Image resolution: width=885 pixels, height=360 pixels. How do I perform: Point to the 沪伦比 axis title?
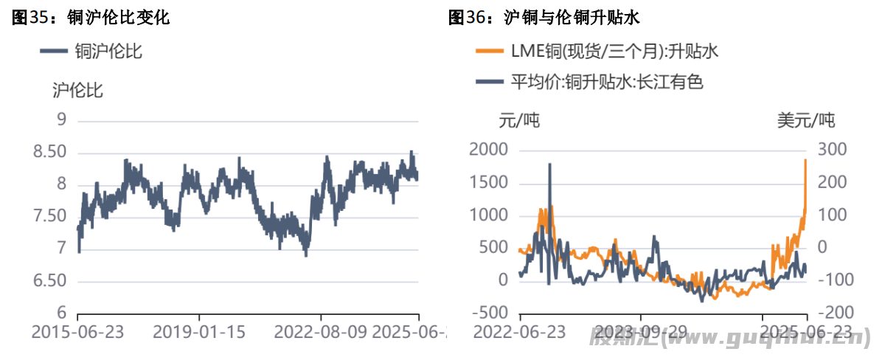pyautogui.click(x=77, y=91)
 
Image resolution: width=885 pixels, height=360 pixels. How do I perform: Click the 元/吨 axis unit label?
pyautogui.click(x=519, y=120)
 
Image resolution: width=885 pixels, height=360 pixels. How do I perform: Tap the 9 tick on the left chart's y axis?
pyautogui.click(x=62, y=120)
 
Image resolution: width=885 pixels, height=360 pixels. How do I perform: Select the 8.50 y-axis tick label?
pyautogui.click(x=50, y=152)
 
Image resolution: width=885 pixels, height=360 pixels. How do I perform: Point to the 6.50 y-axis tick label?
pyautogui.click(x=50, y=281)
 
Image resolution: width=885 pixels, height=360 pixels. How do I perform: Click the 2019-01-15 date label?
pyautogui.click(x=199, y=332)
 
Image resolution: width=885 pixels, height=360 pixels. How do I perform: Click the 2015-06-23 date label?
pyautogui.click(x=77, y=332)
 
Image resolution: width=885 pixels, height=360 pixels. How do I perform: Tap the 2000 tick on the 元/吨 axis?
pyautogui.click(x=489, y=150)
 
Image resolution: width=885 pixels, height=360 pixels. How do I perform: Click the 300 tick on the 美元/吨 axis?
pyautogui.click(x=830, y=150)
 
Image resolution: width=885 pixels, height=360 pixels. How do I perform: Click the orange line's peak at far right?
pyautogui.click(x=805, y=159)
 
